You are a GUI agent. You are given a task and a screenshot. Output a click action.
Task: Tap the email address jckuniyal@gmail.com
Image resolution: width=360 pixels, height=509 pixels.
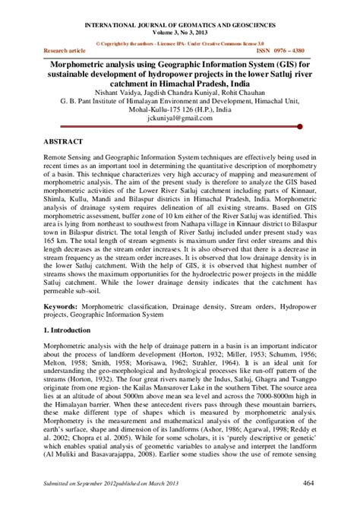[179, 119]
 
